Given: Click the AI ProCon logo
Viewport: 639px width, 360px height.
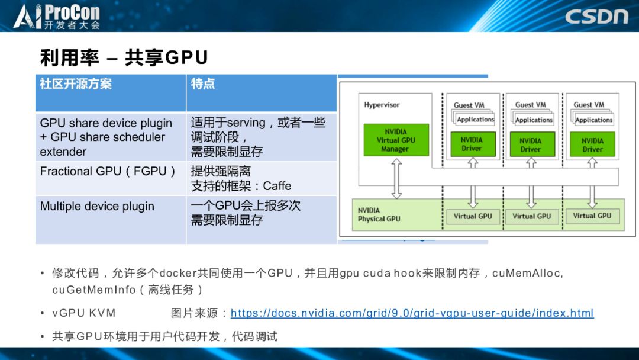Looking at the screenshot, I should (57, 16).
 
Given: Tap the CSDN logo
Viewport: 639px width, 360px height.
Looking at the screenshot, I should (596, 16).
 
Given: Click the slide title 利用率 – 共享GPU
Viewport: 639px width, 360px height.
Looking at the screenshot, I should (124, 57).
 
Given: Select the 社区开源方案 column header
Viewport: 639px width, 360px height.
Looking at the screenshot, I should (76, 83).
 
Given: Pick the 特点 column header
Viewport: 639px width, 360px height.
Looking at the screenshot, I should (203, 83).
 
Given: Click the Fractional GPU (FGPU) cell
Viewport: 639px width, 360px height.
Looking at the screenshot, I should (108, 171).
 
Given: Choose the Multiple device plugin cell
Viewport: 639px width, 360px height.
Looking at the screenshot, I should (97, 206).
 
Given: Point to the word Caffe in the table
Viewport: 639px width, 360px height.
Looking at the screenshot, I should (277, 186).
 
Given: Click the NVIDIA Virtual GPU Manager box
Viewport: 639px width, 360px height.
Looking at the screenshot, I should (396, 140).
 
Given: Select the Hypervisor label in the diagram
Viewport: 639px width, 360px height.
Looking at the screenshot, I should (382, 105).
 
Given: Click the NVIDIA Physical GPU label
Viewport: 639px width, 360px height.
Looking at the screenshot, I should (379, 214).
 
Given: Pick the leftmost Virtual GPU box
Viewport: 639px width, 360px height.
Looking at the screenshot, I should (472, 216).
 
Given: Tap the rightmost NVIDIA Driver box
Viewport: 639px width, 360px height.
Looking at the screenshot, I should (592, 144).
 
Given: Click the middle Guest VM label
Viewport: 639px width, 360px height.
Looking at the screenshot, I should (530, 105).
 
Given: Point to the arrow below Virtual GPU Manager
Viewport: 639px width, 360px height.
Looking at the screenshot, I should (396, 178).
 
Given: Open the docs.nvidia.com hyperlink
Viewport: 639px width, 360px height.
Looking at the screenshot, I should (412, 313).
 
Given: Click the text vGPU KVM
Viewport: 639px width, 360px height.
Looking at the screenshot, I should (84, 313).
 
